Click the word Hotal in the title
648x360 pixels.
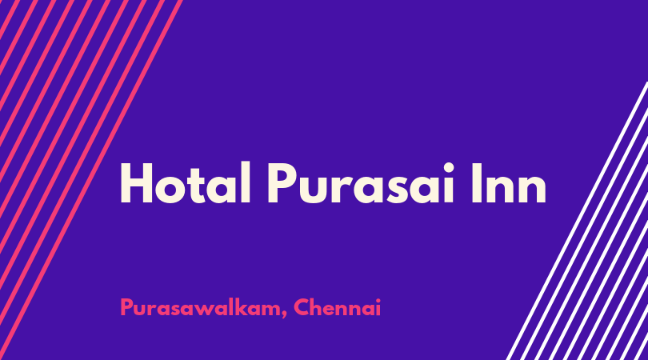[186, 182]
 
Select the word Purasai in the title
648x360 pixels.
[360, 182]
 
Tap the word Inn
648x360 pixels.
[509, 182]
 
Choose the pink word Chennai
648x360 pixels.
[337, 307]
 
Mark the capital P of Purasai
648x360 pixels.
[283, 183]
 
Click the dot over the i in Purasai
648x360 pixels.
[448, 166]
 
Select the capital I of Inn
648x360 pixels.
[477, 183]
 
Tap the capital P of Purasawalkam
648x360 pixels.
[126, 307]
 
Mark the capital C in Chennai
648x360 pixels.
[302, 307]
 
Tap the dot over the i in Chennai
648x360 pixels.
[378, 300]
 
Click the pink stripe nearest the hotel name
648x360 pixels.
[91, 180]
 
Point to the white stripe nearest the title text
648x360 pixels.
[577, 221]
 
